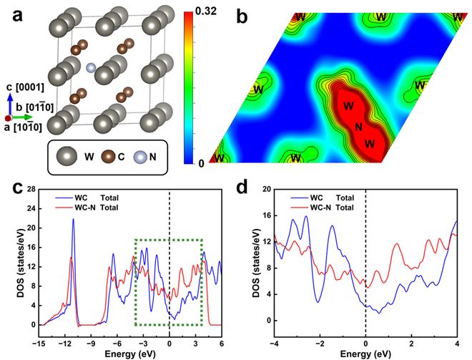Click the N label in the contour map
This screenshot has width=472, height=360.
click(358, 126)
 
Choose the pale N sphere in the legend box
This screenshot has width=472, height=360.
click(142, 154)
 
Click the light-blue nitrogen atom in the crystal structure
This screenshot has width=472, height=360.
click(91, 67)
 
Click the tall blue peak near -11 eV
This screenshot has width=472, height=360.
click(72, 220)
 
